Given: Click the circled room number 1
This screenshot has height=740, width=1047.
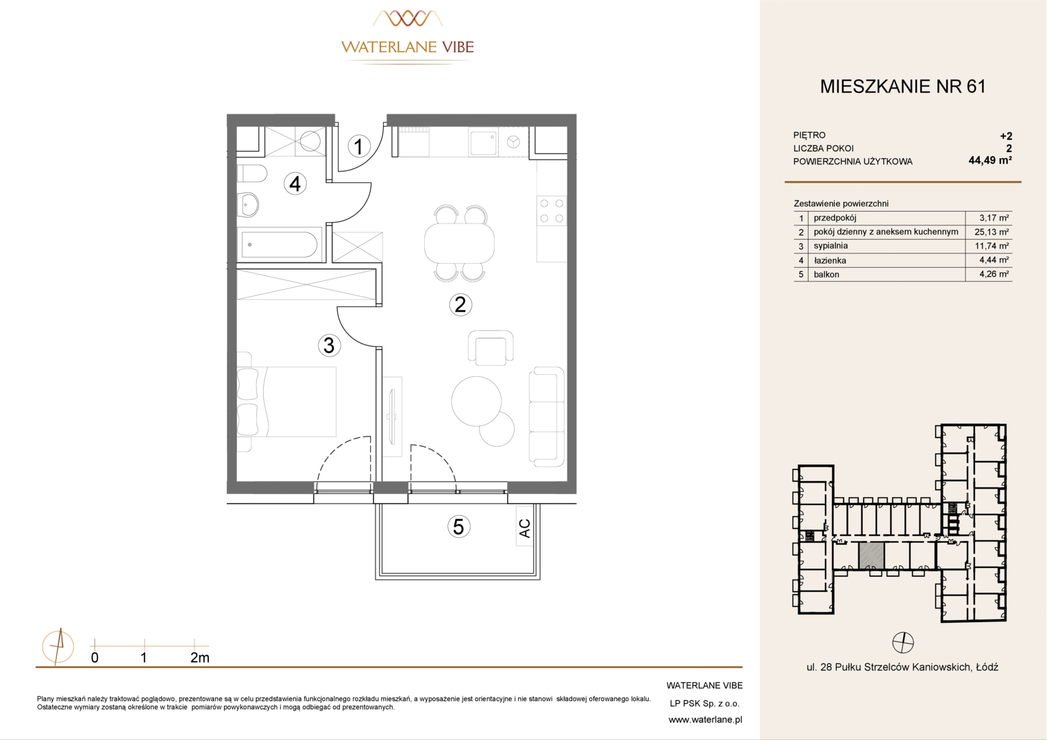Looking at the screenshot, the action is click(359, 147).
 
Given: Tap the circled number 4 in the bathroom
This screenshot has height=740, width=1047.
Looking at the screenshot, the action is click(295, 184).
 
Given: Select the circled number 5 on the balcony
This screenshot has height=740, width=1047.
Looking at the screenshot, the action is click(458, 527).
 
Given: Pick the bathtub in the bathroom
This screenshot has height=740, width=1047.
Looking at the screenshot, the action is click(280, 245).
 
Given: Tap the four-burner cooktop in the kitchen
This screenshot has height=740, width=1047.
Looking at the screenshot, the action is click(552, 211).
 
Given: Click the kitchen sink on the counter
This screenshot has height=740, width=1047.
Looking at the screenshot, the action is click(483, 143).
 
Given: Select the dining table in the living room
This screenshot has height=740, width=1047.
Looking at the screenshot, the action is click(460, 243).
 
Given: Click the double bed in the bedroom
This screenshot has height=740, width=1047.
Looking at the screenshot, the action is click(286, 402).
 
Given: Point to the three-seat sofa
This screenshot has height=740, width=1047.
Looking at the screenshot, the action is click(546, 417).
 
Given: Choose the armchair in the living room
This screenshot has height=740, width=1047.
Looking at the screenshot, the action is click(491, 348).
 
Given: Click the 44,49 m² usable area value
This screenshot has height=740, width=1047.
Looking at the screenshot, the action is click(990, 161).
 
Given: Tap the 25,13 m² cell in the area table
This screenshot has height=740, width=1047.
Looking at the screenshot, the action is click(991, 232).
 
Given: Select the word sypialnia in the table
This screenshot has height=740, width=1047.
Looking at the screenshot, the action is click(830, 246).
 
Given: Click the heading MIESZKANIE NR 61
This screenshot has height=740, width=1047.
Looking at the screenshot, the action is click(902, 86).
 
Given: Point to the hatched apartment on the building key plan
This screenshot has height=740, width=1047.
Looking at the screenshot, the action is click(872, 556).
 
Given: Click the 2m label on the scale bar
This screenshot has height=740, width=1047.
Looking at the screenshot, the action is click(199, 658).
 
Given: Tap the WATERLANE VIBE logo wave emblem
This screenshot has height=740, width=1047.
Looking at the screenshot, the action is click(408, 18).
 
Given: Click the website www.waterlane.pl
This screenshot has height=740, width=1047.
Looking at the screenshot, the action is click(705, 720).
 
